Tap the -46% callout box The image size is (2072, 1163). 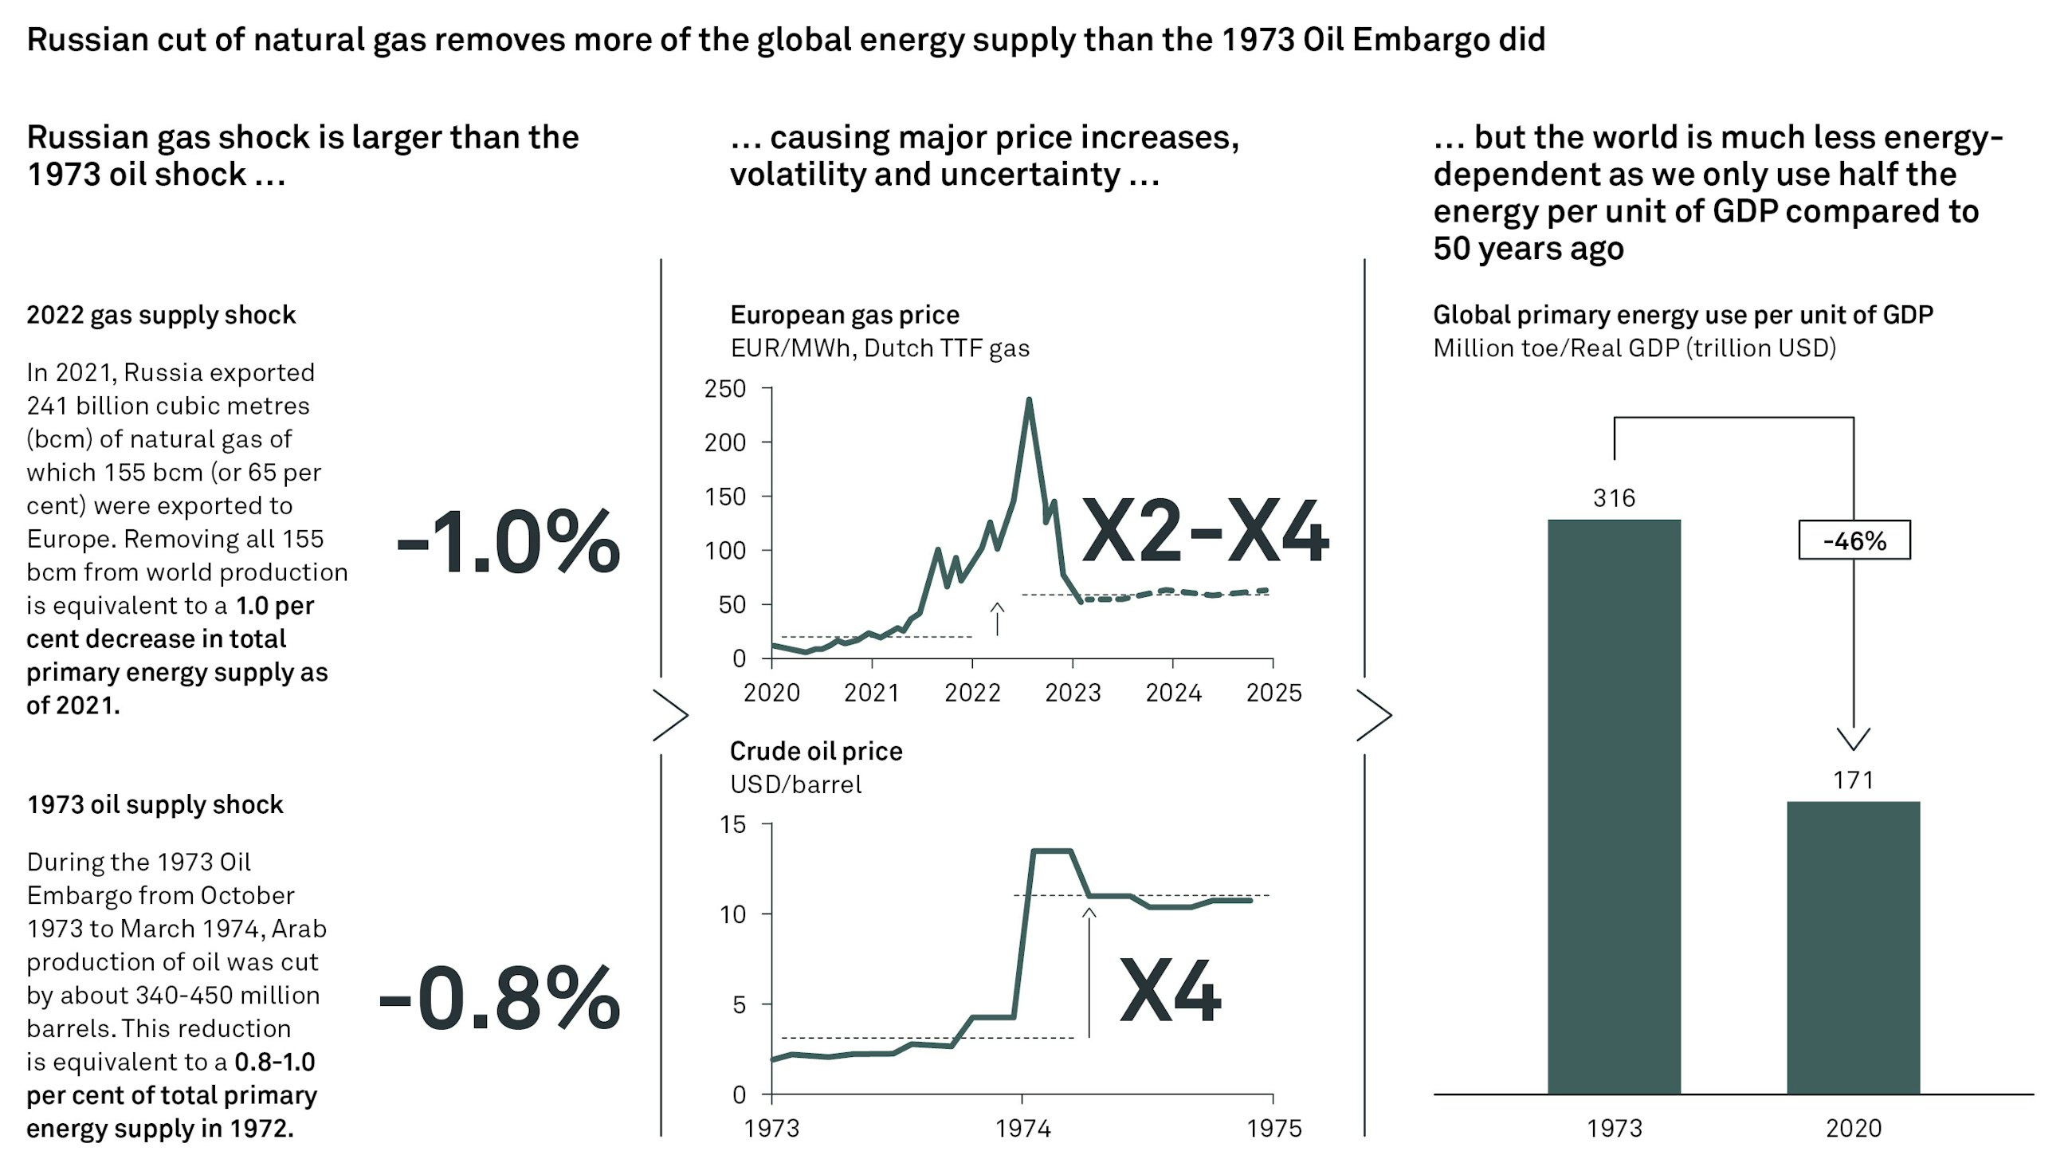pyautogui.click(x=1853, y=540)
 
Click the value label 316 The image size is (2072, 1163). pyautogui.click(x=1614, y=499)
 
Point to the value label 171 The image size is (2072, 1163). pyautogui.click(x=1852, y=780)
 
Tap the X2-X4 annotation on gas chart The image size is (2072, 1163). pyautogui.click(x=1204, y=532)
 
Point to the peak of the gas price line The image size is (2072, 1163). pyautogui.click(x=1029, y=399)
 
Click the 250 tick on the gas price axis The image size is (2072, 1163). pyautogui.click(x=724, y=389)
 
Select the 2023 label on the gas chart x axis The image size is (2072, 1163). pyautogui.click(x=1072, y=693)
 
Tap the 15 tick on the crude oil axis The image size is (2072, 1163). pyautogui.click(x=732, y=824)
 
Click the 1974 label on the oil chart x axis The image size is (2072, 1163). pyautogui.click(x=1022, y=1129)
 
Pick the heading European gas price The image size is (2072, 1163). pyautogui.click(x=845, y=315)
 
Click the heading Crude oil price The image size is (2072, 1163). pyautogui.click(x=815, y=750)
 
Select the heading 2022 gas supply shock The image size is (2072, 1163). pyautogui.click(x=161, y=315)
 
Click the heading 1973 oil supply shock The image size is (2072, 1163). pyautogui.click(x=155, y=804)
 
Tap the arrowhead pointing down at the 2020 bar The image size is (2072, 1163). pyautogui.click(x=1852, y=738)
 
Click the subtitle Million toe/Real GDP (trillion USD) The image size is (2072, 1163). pyautogui.click(x=1634, y=348)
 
